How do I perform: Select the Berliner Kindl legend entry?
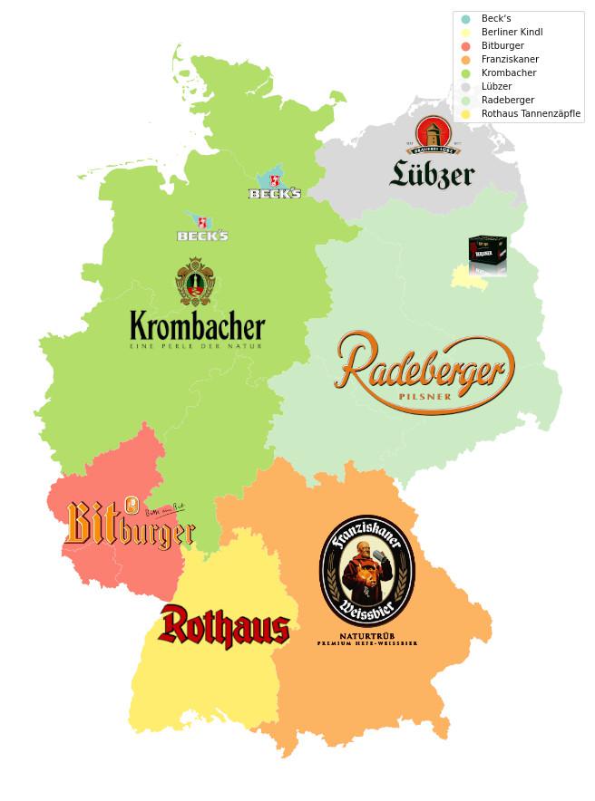coord(512,32)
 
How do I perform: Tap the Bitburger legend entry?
coord(502,45)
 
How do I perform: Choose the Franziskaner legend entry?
coord(510,59)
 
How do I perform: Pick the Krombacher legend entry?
coord(509,72)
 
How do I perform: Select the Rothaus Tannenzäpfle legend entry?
coord(531,113)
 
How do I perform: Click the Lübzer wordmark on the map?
coord(432,173)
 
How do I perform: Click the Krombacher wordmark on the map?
coord(197,326)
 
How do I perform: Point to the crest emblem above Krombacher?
coord(195,282)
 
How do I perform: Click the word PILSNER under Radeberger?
coord(424,397)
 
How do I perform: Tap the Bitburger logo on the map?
coord(128,526)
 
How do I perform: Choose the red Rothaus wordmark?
coord(224,627)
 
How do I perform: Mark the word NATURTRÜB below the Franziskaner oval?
coord(366,635)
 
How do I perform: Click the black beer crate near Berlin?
coord(487,253)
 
